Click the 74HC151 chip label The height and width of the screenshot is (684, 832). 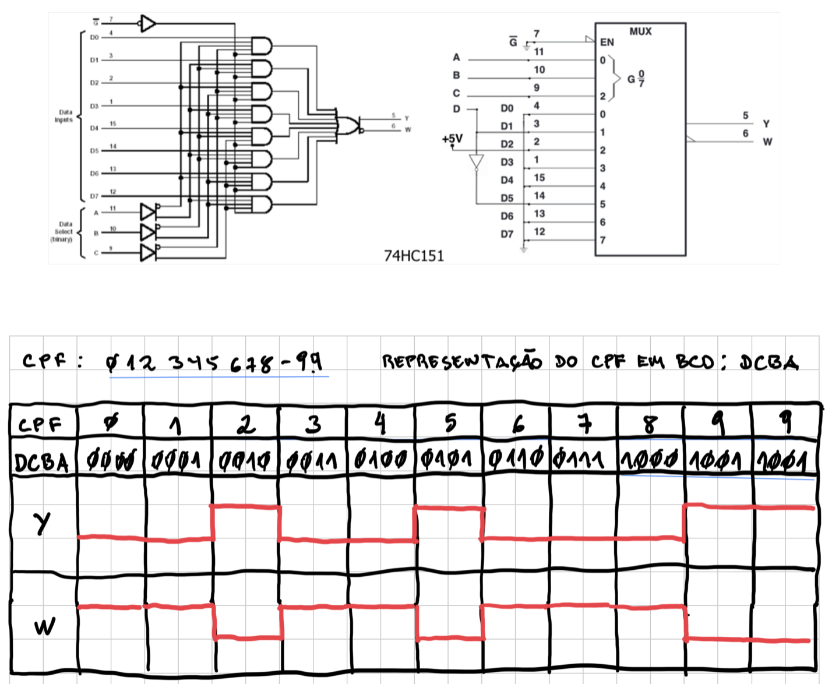click(414, 256)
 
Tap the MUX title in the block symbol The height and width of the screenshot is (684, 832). click(640, 31)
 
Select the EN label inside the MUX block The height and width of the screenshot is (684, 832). click(607, 42)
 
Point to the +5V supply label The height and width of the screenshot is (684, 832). click(452, 139)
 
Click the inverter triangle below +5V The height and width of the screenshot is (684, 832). click(477, 162)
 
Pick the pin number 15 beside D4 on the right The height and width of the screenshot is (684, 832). click(539, 178)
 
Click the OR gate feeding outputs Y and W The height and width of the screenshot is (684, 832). click(347, 125)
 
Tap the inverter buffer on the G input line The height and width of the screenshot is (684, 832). click(148, 24)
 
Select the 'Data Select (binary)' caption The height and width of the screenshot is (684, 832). click(64, 232)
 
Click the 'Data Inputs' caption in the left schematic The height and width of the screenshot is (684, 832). click(64, 116)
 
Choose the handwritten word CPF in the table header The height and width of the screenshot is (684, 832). click(40, 425)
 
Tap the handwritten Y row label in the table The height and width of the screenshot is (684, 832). click(42, 523)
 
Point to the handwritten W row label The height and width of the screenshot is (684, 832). click(44, 627)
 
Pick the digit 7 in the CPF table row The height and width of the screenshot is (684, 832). click(584, 424)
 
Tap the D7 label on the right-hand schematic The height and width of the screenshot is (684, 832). click(507, 234)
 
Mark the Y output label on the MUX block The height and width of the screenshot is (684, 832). click(766, 124)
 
